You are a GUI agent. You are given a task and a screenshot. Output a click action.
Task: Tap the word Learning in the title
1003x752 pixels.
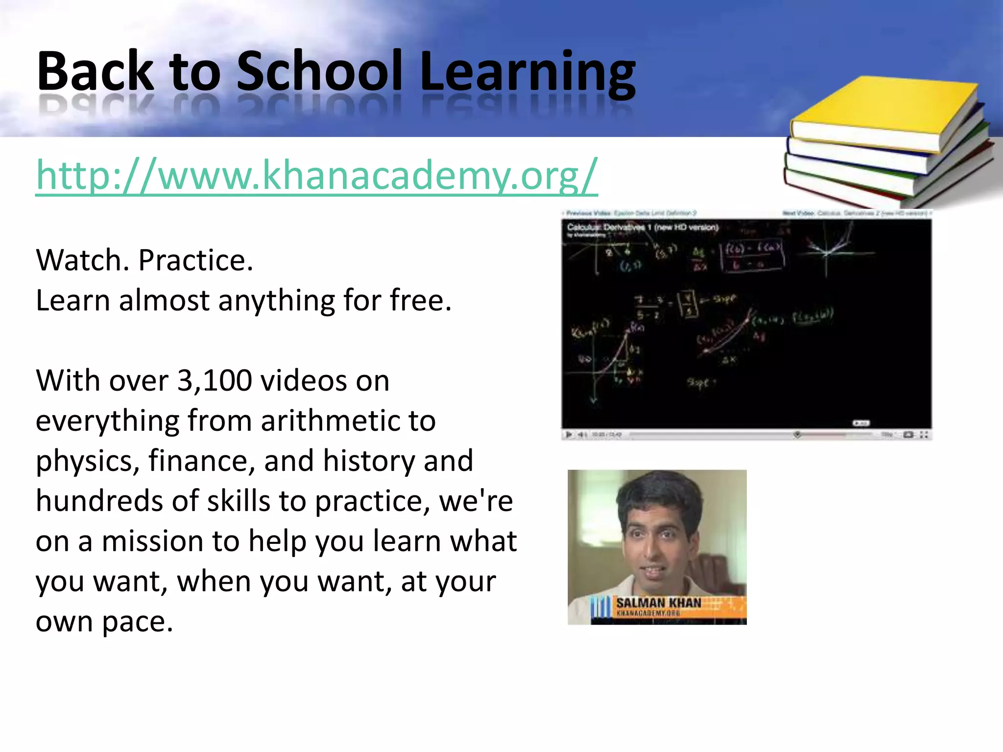527,72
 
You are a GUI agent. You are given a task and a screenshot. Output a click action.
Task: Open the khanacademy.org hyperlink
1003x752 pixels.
317,175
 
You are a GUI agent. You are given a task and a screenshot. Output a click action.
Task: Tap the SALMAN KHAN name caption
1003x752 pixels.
658,603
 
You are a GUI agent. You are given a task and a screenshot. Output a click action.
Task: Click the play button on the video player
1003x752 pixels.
569,434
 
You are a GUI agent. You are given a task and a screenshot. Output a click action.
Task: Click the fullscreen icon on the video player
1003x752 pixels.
924,435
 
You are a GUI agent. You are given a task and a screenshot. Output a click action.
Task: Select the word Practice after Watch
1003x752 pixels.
195,260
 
